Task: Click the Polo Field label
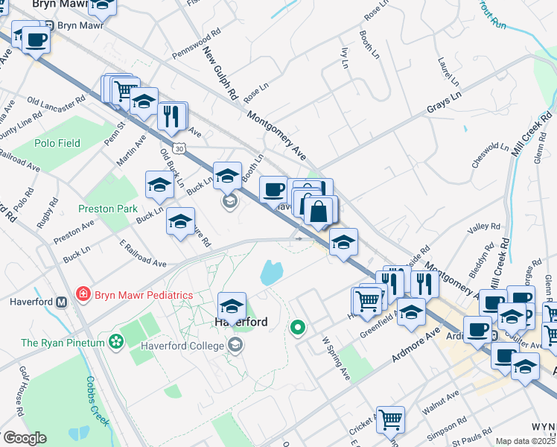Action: point(57,143)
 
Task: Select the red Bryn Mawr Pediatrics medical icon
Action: point(82,295)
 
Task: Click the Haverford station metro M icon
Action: point(62,302)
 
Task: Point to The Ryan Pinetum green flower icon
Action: point(115,342)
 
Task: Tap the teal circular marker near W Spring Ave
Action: point(298,327)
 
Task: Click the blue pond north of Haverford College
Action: point(270,273)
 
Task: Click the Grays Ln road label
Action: point(444,104)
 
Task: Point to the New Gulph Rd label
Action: point(220,75)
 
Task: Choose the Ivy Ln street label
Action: point(343,58)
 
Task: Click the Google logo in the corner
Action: point(25,438)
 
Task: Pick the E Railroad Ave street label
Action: point(143,253)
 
